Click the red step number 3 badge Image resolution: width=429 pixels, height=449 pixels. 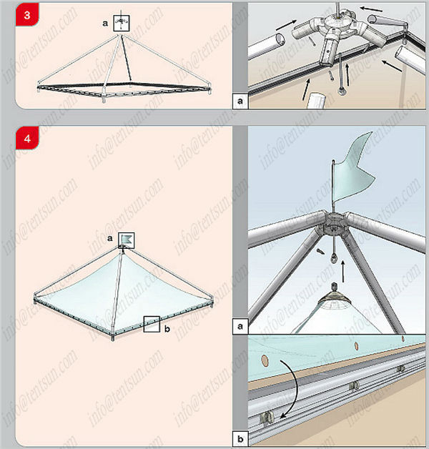[27, 14]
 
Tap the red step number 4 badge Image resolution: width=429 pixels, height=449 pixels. [27, 138]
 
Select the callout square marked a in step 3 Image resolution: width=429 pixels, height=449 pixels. [122, 23]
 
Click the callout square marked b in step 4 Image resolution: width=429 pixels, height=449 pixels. [152, 324]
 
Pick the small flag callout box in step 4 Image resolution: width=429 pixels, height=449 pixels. [127, 240]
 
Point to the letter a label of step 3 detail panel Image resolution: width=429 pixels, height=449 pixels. [240, 101]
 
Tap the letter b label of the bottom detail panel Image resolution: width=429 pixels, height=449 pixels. [240, 438]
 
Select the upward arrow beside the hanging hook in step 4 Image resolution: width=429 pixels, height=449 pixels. [342, 271]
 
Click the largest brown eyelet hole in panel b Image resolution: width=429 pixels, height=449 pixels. [265, 361]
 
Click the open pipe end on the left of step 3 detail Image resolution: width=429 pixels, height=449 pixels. [280, 38]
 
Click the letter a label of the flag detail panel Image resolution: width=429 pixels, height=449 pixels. [240, 326]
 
